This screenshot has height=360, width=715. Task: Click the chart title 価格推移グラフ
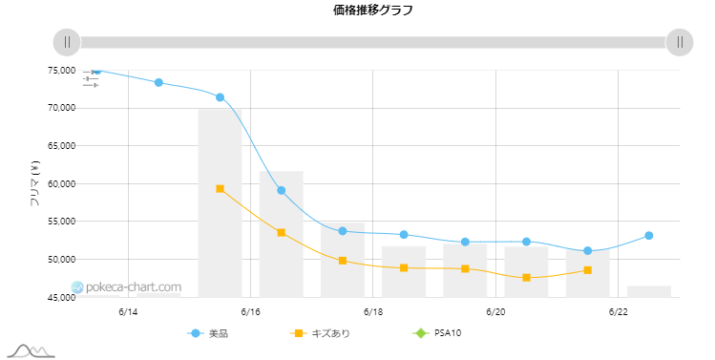point(373,11)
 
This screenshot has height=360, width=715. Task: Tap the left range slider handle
point(67,42)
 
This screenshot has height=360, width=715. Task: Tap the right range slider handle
point(680,42)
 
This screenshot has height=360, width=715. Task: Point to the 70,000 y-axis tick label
point(61,108)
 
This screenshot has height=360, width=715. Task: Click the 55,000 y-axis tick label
point(61,222)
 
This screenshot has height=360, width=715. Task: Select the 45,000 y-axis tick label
point(61,298)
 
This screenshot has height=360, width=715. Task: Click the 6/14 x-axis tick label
point(128,311)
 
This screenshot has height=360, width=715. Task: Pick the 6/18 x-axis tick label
point(373,311)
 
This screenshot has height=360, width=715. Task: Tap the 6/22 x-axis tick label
point(618,311)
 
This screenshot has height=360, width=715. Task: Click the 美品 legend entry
point(208,333)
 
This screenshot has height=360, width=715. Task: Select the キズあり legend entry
point(320,333)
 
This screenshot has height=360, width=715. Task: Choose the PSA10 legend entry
point(437,333)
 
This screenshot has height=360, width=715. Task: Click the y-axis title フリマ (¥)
point(34,183)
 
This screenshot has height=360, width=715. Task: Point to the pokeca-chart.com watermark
point(126,287)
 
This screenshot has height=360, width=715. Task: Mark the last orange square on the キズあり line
point(587,270)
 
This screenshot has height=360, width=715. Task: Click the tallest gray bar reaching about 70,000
point(220,203)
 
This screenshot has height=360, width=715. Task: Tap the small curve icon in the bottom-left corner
point(31,350)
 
